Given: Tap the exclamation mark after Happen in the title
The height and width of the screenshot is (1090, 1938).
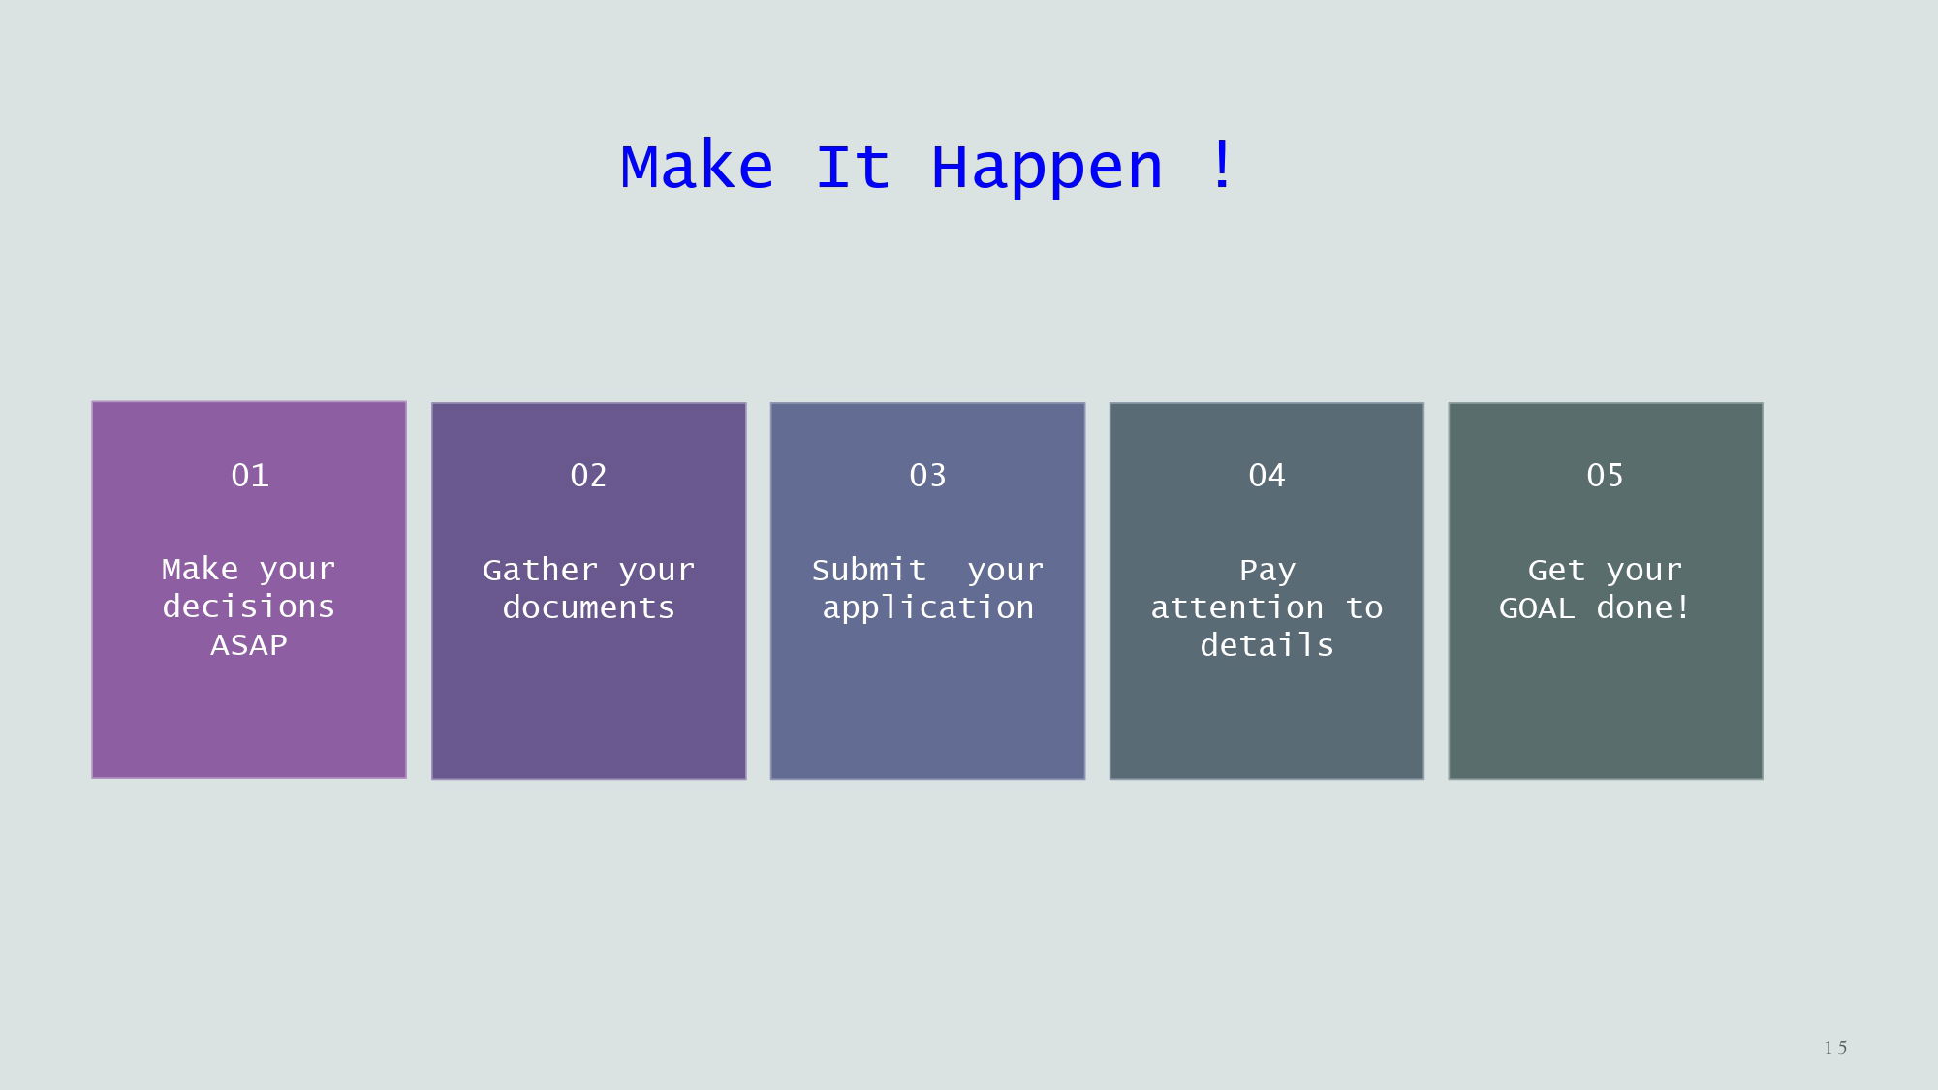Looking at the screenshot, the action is (1223, 165).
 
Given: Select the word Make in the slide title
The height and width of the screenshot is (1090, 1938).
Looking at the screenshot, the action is (697, 166).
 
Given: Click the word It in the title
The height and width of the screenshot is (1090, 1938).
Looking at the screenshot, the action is (853, 166).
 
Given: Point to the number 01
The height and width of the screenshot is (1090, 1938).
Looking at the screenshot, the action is (250, 475).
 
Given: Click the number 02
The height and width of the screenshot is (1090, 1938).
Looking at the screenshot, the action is (588, 475).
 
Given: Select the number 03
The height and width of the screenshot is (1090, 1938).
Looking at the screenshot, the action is (927, 475).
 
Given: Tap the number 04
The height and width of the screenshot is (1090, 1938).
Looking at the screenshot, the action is (1266, 475).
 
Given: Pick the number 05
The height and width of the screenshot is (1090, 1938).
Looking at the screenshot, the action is (1605, 475).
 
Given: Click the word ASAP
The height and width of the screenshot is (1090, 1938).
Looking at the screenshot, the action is (249, 645).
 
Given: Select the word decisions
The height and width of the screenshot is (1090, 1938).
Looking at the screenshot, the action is (249, 607).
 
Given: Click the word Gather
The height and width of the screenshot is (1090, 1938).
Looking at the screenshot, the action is (540, 570).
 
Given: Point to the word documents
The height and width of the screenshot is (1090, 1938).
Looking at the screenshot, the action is (588, 607).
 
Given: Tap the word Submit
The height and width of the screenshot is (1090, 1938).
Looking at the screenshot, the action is (869, 570).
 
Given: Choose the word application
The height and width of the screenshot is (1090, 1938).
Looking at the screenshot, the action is (927, 608).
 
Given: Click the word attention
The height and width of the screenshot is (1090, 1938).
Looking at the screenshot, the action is (1236, 607).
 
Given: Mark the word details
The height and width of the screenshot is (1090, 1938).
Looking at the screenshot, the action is (1266, 645).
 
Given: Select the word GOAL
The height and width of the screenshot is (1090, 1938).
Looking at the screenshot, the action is (1537, 608).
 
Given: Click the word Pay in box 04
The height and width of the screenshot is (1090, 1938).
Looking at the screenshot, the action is (1266, 572).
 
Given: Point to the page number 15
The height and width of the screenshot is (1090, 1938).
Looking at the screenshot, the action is (1835, 1047).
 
